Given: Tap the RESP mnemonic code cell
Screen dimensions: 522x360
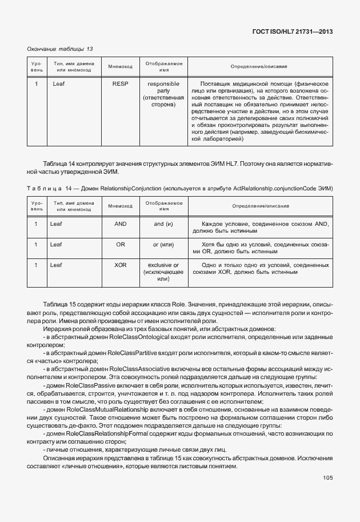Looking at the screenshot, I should [x=120, y=84].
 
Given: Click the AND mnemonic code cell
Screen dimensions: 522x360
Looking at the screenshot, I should [x=120, y=224].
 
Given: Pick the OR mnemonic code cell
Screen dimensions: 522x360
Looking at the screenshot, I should [x=120, y=245].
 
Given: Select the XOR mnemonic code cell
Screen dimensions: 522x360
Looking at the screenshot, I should [x=120, y=265].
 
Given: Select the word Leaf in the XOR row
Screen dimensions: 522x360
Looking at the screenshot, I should [x=55, y=265].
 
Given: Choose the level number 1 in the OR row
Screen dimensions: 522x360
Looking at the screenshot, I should [x=36, y=245].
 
